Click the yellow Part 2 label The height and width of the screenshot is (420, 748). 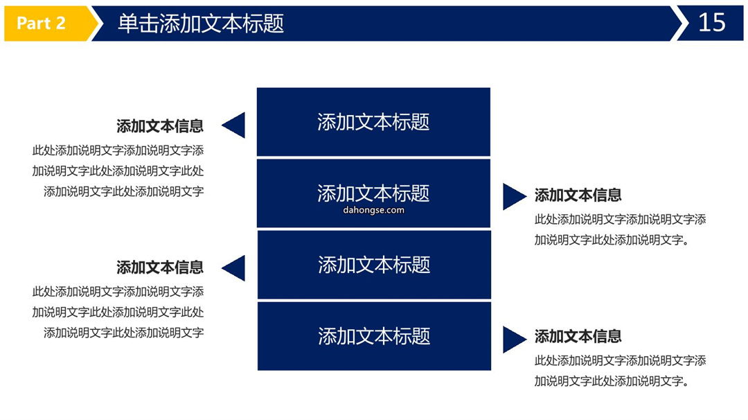[47, 23]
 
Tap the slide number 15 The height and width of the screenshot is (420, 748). [712, 22]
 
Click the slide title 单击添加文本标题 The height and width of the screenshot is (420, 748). [201, 23]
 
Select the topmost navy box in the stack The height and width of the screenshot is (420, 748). [373, 122]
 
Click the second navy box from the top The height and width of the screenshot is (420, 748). [373, 193]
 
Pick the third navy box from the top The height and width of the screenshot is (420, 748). [374, 265]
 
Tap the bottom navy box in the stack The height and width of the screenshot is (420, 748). [374, 336]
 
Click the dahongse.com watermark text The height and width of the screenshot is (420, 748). [373, 210]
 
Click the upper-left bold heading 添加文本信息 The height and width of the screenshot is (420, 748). [160, 126]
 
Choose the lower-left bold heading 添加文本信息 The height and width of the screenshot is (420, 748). [160, 268]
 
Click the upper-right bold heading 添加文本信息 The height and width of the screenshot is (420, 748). [578, 195]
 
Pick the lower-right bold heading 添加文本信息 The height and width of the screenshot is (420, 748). [578, 336]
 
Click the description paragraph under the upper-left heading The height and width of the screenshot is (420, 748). [118, 171]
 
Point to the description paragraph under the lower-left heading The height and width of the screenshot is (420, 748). [118, 312]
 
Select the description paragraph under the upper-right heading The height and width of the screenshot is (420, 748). [620, 229]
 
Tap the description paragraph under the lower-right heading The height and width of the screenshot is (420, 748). [620, 371]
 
